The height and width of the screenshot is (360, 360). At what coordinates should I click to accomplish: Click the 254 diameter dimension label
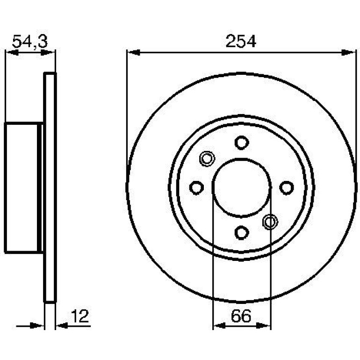(241, 41)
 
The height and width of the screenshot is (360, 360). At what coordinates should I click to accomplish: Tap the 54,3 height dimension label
(30, 42)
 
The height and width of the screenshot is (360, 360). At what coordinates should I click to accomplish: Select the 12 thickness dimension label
(79, 316)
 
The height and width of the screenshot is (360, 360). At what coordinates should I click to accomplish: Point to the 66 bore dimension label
(241, 316)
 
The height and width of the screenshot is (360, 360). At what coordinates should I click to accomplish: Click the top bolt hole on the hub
(242, 143)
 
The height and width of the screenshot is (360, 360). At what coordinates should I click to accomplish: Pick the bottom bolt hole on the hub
(242, 232)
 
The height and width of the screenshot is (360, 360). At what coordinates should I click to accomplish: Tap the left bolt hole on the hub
(196, 187)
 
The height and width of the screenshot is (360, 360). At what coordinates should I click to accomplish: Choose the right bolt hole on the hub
(287, 187)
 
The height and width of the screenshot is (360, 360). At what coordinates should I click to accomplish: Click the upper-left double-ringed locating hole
(207, 158)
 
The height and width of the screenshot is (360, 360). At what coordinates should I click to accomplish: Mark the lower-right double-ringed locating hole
(270, 222)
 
